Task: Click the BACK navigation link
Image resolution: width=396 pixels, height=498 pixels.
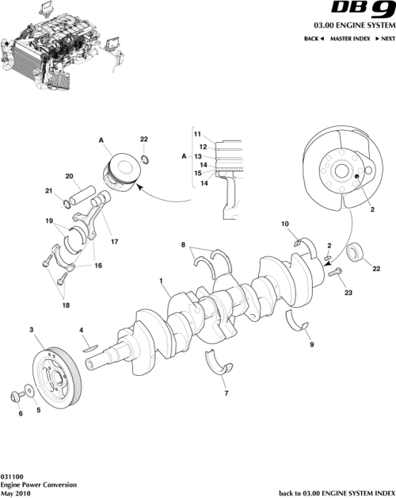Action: [314, 38]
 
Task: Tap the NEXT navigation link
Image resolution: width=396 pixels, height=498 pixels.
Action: [384, 38]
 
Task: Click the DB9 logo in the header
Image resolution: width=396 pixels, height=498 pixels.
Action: [361, 11]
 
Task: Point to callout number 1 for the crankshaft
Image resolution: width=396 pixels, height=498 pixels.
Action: [162, 281]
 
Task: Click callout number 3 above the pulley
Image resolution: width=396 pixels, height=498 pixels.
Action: [31, 329]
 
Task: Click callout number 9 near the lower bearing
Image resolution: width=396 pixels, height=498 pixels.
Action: [312, 345]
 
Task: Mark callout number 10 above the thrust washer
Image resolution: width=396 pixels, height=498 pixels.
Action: [285, 224]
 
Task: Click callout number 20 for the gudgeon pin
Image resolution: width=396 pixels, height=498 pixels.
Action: [69, 176]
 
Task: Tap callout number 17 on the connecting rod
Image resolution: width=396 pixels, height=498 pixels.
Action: [114, 241]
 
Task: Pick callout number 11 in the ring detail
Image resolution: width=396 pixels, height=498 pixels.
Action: [198, 133]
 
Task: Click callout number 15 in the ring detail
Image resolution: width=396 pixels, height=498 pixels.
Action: [198, 173]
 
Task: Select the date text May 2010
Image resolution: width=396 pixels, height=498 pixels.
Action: [17, 492]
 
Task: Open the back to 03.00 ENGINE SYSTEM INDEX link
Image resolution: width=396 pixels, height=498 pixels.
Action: [337, 492]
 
